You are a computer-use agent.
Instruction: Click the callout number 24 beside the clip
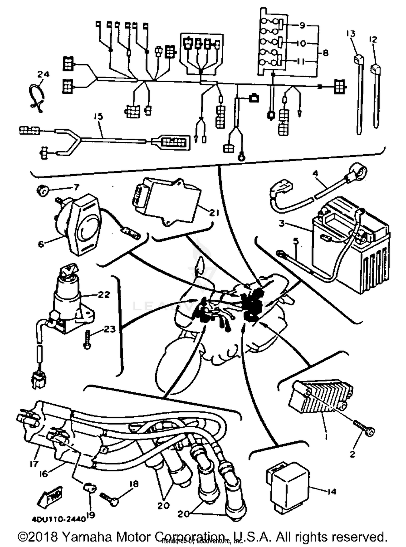click(x=43, y=74)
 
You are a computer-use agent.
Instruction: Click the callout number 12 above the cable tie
click(x=373, y=40)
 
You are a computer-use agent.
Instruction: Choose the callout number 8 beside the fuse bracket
click(x=325, y=53)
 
